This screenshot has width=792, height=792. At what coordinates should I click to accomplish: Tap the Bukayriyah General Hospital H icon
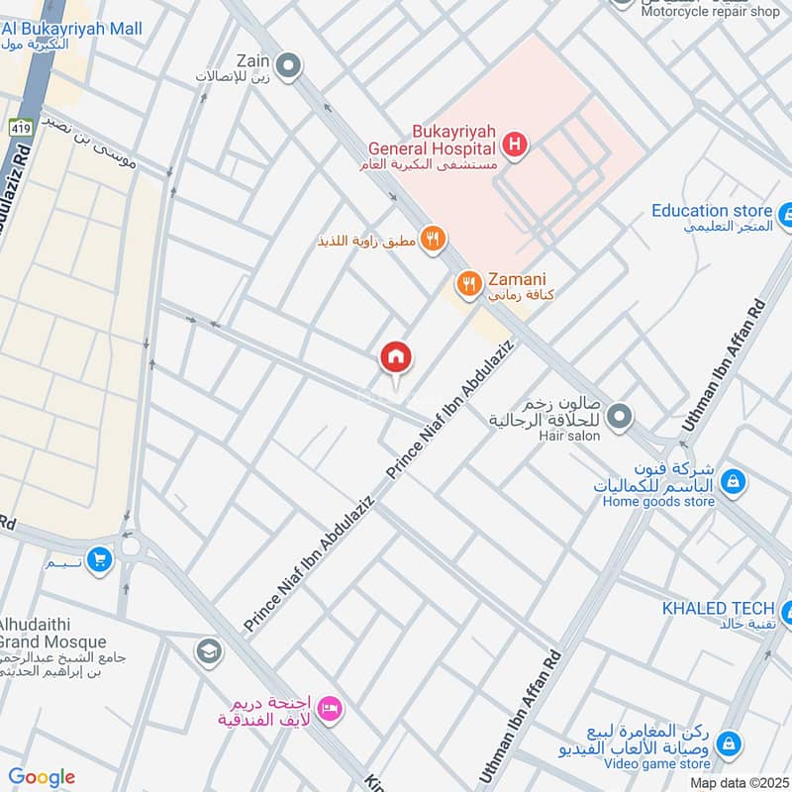[515, 147]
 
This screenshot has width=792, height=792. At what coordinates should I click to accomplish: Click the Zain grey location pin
[289, 66]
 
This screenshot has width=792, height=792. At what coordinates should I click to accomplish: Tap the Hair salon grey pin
[621, 416]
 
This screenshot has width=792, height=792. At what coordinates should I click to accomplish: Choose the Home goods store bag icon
[733, 482]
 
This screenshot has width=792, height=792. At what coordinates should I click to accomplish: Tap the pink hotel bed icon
[333, 708]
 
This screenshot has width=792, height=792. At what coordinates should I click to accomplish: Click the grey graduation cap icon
[209, 650]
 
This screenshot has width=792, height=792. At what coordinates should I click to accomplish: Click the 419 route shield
[20, 127]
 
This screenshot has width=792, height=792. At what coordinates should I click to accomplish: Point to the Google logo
[42, 777]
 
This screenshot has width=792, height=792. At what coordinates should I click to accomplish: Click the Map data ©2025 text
[739, 783]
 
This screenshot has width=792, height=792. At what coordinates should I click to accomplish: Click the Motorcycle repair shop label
[710, 11]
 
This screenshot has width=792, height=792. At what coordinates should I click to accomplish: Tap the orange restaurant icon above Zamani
[433, 239]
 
